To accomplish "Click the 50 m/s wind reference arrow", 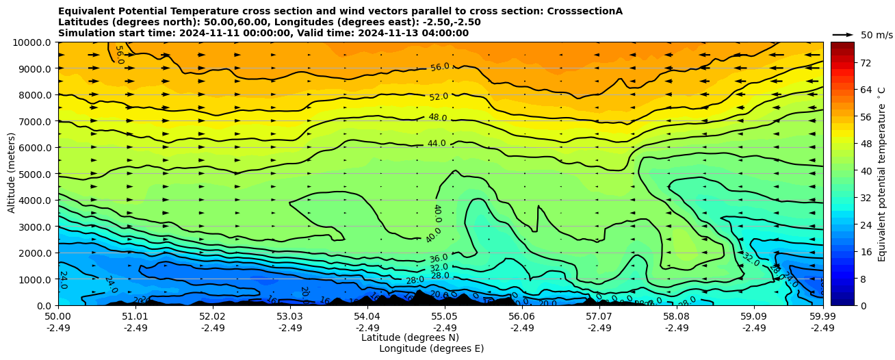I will point(843,35).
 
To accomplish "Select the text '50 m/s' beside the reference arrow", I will point(877,35).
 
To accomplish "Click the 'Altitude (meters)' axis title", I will point(12,174).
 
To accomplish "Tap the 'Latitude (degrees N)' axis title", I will point(410,337).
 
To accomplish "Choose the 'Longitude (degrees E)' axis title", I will point(431,348).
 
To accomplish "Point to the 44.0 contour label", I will point(437,144).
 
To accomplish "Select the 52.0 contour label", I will point(439,97).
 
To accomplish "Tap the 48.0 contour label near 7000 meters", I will point(437,118).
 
